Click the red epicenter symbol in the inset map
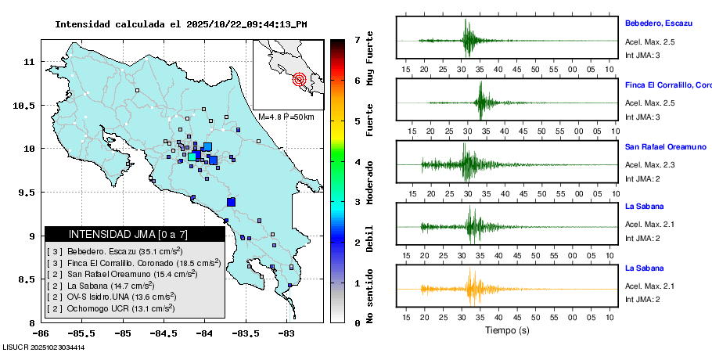299,79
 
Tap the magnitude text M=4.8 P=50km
286,117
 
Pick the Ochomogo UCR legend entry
110,308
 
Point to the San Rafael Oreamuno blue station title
665,146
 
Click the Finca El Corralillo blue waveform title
667,85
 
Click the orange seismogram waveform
469,289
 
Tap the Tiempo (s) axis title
507,330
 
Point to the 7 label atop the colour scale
357,39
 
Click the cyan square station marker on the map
192,157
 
